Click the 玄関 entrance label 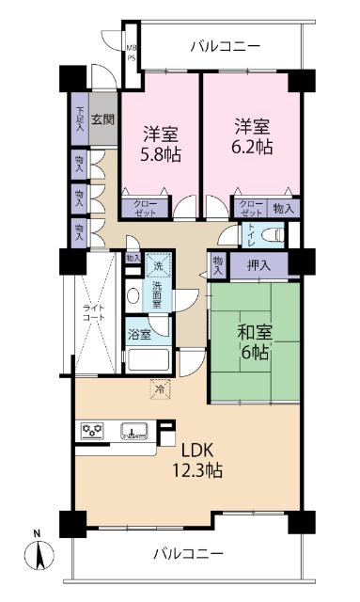pyautogui.click(x=104, y=119)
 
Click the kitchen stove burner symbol pyautogui.click(x=93, y=433)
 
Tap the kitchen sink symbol pyautogui.click(x=135, y=433)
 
